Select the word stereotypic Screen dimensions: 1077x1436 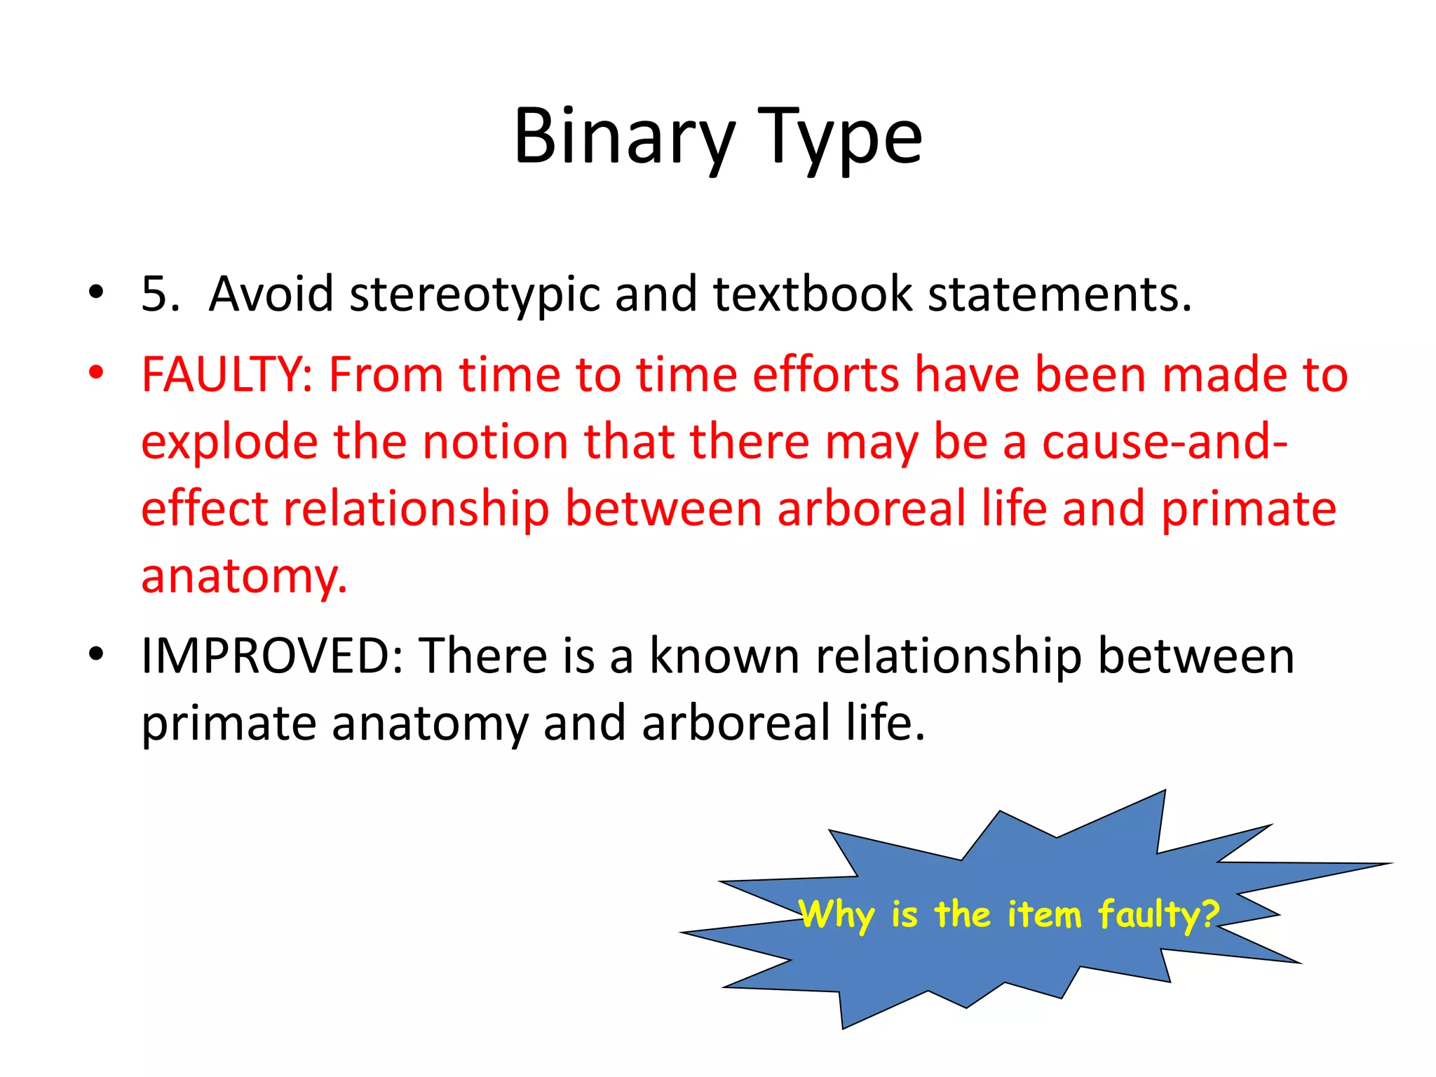pos(474,294)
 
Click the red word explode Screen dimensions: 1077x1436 pos(229,442)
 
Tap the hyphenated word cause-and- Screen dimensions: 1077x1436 pos(1165,442)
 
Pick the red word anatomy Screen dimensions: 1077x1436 pos(244,577)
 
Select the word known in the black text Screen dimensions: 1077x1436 pos(724,656)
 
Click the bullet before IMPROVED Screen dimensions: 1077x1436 pos(96,654)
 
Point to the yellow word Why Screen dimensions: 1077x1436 pos(836,914)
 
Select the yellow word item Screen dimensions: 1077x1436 pos(1044,914)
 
